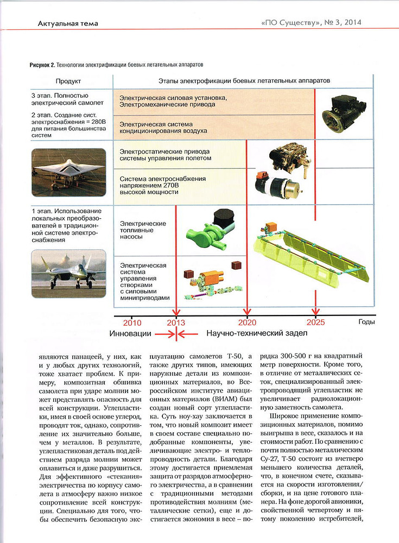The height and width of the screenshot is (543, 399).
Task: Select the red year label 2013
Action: (x=176, y=321)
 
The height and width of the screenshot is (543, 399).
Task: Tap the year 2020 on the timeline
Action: (x=247, y=321)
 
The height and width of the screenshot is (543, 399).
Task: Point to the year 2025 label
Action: (x=315, y=321)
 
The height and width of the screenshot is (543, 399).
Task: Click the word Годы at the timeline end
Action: (x=366, y=321)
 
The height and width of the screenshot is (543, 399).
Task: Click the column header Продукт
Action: (x=68, y=81)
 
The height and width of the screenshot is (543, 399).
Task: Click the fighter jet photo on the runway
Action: (x=68, y=273)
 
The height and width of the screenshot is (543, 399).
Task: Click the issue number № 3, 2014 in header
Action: (x=341, y=23)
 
